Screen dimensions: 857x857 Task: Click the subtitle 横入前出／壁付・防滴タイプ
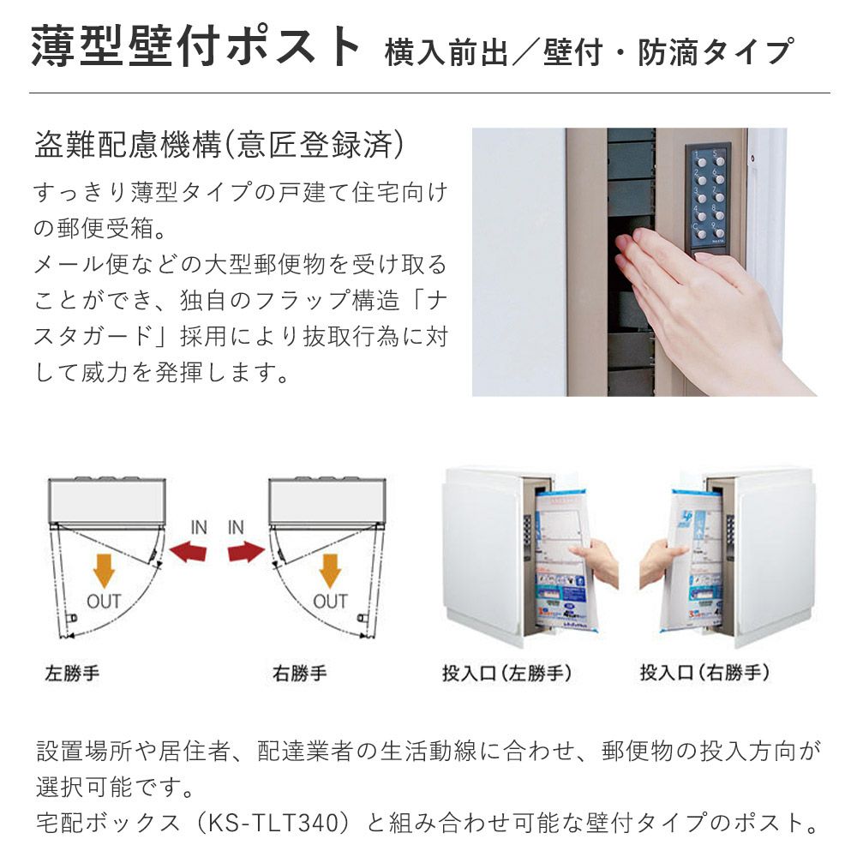pos(589,52)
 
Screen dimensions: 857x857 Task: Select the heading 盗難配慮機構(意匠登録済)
pos(219,145)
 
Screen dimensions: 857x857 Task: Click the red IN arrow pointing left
pos(189,551)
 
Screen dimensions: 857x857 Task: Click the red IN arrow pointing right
pos(245,551)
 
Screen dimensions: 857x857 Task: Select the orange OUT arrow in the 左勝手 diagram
pos(104,571)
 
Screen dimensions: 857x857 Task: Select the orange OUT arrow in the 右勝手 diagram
pos(330,571)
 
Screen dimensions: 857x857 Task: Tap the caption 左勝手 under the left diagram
pos(72,673)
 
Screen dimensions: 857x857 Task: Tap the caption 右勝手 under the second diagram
pos(299,673)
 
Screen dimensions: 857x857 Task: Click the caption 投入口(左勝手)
pos(507,673)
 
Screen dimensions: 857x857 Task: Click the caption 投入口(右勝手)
pos(705,673)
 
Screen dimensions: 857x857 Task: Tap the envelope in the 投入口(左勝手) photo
pos(562,563)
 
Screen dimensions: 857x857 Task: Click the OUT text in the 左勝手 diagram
pos(104,602)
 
